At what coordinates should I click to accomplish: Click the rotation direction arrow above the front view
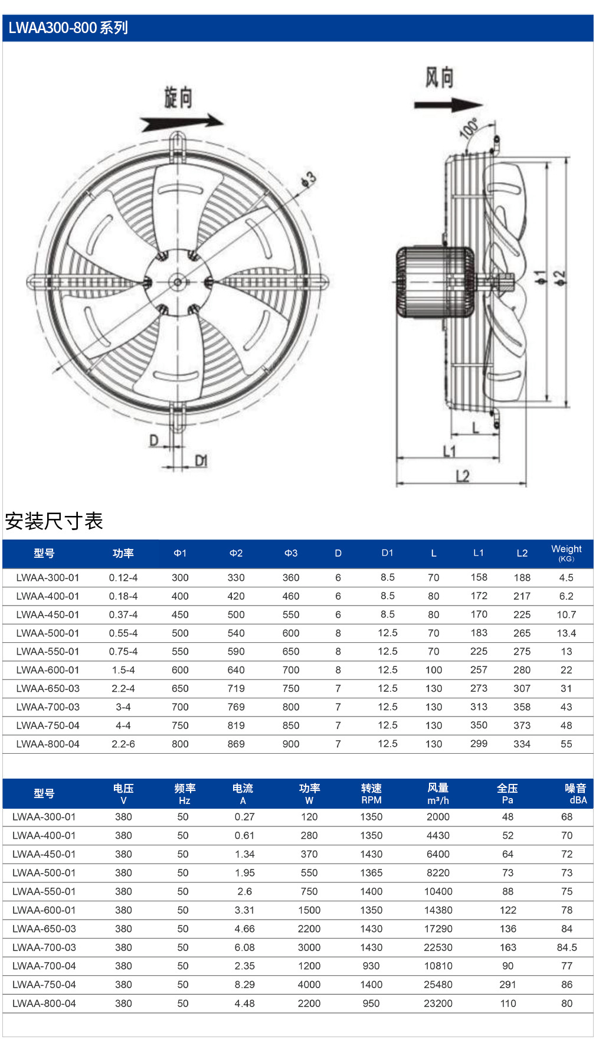coord(182,123)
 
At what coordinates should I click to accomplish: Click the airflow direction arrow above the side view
coord(448,105)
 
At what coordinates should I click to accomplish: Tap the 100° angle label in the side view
coord(469,128)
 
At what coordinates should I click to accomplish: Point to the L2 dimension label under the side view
coord(463,476)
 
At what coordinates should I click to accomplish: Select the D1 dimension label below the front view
coord(201,460)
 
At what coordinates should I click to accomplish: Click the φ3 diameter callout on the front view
coord(309,179)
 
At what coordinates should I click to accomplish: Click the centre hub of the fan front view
coord(178,282)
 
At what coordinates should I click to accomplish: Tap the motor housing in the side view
coord(435,282)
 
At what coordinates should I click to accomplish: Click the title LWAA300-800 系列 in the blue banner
coord(68,28)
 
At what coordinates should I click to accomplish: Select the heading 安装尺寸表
coord(54,521)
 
